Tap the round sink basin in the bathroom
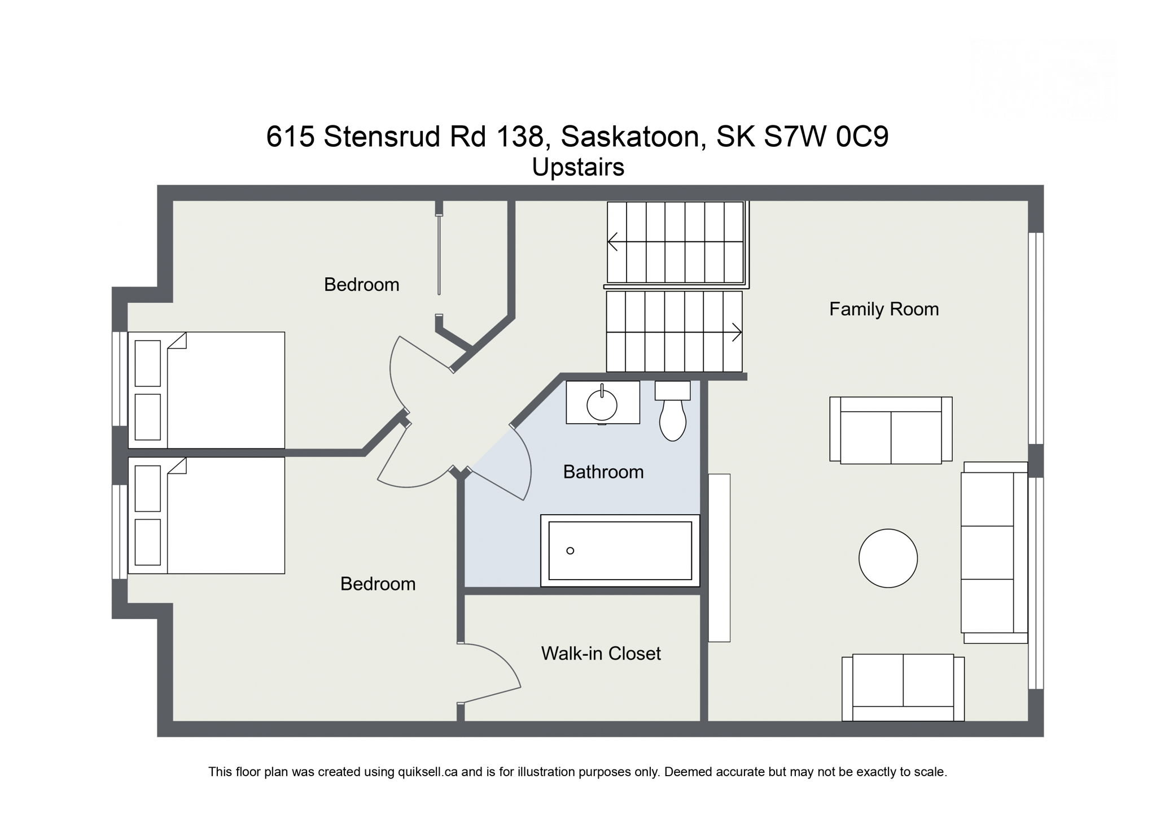602,404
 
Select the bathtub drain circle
570,551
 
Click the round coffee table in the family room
888,558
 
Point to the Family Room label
883,309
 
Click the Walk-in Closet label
601,654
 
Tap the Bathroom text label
603,472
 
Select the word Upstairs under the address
577,167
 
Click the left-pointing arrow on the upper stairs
613,242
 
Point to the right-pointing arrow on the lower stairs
736,332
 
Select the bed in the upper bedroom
207,390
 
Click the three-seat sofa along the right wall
994,552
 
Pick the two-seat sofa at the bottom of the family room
903,687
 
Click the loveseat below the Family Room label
891,430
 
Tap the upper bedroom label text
361,285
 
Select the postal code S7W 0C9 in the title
826,137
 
